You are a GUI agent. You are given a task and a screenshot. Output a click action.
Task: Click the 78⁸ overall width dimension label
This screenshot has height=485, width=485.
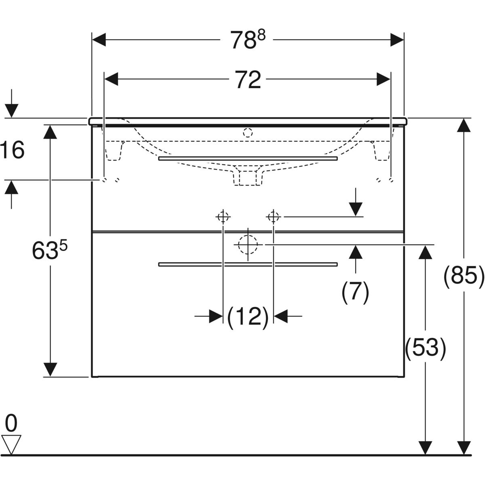(247, 40)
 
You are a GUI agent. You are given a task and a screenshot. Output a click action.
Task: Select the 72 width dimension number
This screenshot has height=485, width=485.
(248, 80)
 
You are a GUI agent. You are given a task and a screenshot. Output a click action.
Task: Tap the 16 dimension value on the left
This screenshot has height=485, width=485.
(13, 150)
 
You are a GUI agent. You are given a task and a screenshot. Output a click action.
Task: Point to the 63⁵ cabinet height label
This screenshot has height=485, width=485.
(49, 251)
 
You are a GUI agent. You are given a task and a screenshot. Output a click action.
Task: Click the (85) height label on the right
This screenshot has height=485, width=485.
(464, 276)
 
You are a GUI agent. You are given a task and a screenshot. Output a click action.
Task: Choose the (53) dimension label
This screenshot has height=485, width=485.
(426, 348)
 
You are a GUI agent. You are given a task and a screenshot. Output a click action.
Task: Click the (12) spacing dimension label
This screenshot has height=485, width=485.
(248, 317)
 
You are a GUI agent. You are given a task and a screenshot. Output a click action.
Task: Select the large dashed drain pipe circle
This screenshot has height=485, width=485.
(248, 245)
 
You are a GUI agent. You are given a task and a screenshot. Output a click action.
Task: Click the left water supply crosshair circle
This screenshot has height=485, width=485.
(223, 217)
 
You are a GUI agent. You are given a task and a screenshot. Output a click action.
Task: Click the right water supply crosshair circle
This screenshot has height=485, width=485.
(274, 217)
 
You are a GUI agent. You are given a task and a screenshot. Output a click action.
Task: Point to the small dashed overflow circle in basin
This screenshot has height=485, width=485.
(248, 132)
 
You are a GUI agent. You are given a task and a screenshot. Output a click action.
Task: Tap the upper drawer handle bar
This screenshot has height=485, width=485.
(248, 159)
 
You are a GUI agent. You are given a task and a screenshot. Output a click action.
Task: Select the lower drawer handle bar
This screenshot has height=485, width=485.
(248, 264)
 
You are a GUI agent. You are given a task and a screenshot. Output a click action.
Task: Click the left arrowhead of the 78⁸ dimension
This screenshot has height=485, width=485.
(99, 40)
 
